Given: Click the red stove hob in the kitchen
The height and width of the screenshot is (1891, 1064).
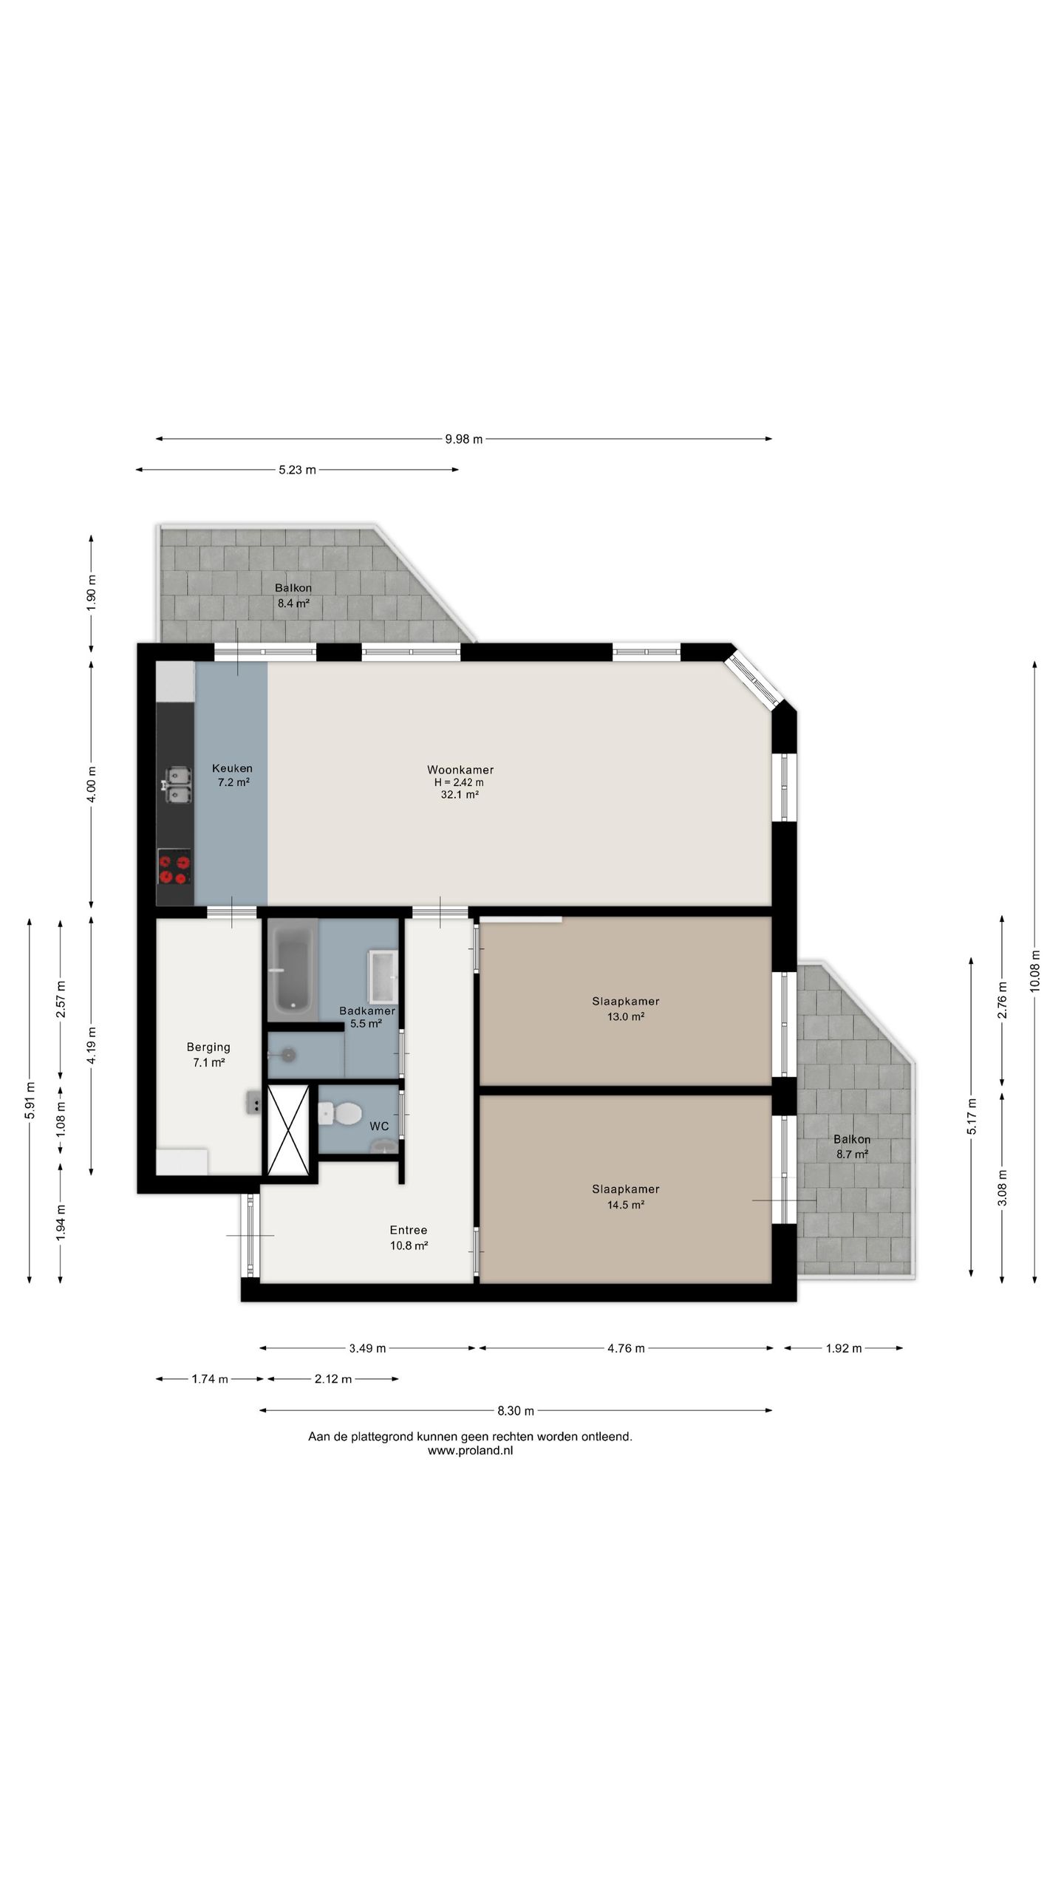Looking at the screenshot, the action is pos(174,866).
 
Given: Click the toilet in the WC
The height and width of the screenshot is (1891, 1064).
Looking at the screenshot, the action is pos(339,1112).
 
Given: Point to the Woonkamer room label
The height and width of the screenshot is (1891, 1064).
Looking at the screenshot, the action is pos(460,770).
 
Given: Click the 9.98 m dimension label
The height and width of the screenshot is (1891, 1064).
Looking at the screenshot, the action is pos(463,439).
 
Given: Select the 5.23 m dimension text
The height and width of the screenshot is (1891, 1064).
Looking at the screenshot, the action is pos(297,470).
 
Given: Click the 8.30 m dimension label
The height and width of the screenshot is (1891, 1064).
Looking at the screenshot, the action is pos(515,1410).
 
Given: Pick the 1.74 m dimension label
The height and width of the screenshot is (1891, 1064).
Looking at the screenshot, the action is pos(210,1378).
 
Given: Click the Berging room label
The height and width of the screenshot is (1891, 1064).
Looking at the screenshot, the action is pos(208,1047).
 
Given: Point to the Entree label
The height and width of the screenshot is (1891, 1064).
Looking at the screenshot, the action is pos(409,1230).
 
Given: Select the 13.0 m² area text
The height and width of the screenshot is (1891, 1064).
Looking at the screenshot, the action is pos(626,1016).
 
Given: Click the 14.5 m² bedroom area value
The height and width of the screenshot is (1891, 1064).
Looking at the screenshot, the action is pos(626,1205).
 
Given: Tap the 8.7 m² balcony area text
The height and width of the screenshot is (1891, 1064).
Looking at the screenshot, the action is pos(852,1154).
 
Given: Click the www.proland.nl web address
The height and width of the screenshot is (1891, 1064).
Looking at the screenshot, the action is pos(470,1450).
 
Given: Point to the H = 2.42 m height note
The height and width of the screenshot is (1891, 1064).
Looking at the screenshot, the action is pos(459,782).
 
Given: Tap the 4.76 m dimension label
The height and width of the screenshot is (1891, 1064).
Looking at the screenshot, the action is pos(626,1348).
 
